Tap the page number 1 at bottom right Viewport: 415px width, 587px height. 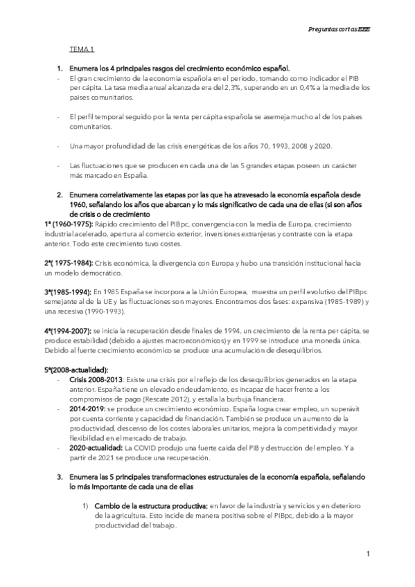[369, 554]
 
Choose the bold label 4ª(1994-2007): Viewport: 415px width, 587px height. [68, 333]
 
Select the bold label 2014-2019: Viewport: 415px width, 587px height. [91, 409]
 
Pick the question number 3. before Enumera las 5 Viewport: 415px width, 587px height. [60, 477]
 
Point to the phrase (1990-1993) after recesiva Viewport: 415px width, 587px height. [118, 313]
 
